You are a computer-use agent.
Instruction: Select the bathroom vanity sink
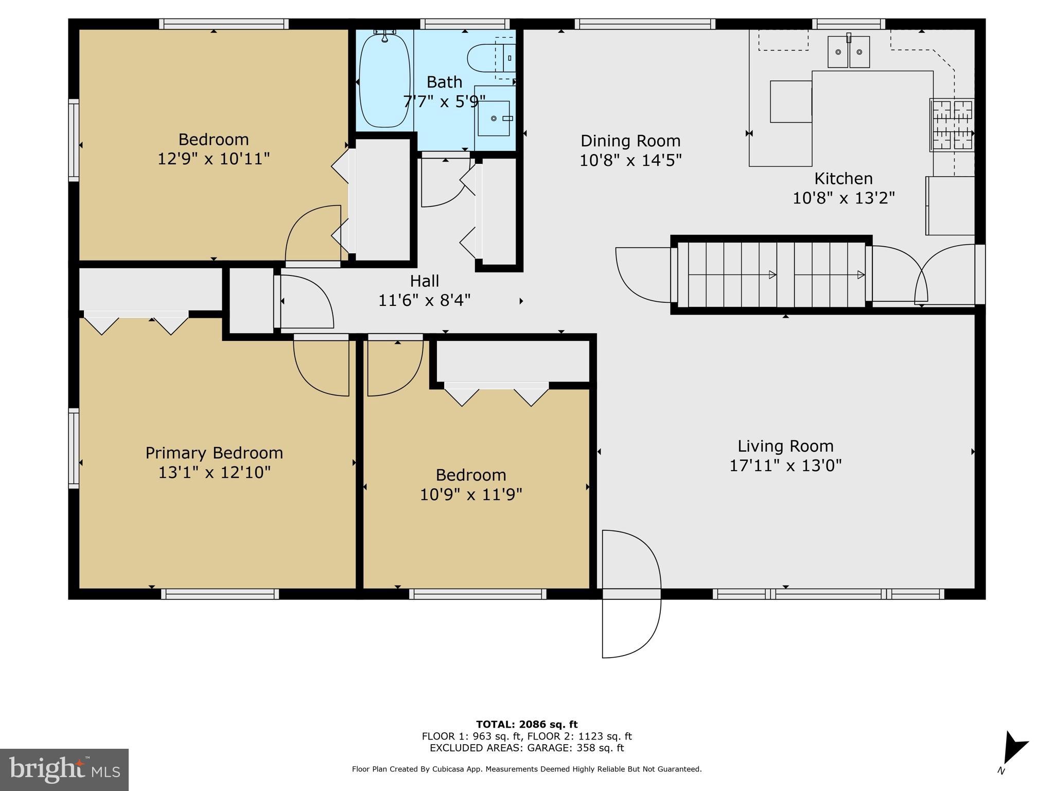tap(494, 118)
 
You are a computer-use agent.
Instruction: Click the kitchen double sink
tap(849, 52)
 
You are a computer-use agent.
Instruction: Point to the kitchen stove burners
tap(952, 125)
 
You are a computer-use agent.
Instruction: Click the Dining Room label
tap(630, 141)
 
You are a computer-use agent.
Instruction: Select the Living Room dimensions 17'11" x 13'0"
tap(785, 466)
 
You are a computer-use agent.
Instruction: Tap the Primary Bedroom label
tap(214, 453)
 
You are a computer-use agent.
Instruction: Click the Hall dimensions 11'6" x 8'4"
tap(424, 300)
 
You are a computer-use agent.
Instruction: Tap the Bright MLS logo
tap(64, 769)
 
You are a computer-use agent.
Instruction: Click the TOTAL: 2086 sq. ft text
tap(526, 725)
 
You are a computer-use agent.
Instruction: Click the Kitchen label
tap(843, 179)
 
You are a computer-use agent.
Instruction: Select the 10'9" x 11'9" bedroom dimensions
tap(471, 494)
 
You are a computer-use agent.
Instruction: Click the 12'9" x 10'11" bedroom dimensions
tap(214, 159)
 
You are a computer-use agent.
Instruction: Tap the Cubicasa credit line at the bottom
tap(526, 769)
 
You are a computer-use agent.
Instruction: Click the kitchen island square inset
tap(790, 101)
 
